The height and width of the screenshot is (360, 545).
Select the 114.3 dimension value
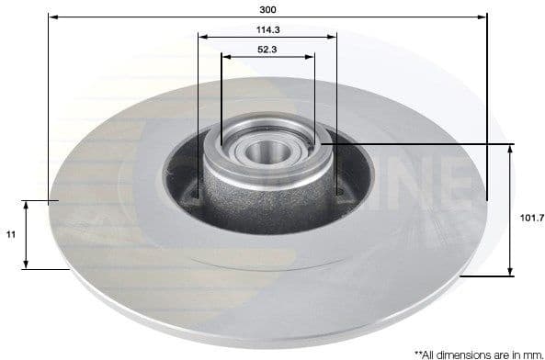pyautogui.click(x=267, y=28)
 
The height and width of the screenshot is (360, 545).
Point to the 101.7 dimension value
pyautogui.click(x=531, y=217)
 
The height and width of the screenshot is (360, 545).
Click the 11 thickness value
pyautogui.click(x=10, y=235)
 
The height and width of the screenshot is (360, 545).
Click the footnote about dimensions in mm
pyautogui.click(x=478, y=352)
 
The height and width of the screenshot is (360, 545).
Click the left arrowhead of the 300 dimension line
pyautogui.click(x=51, y=17)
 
